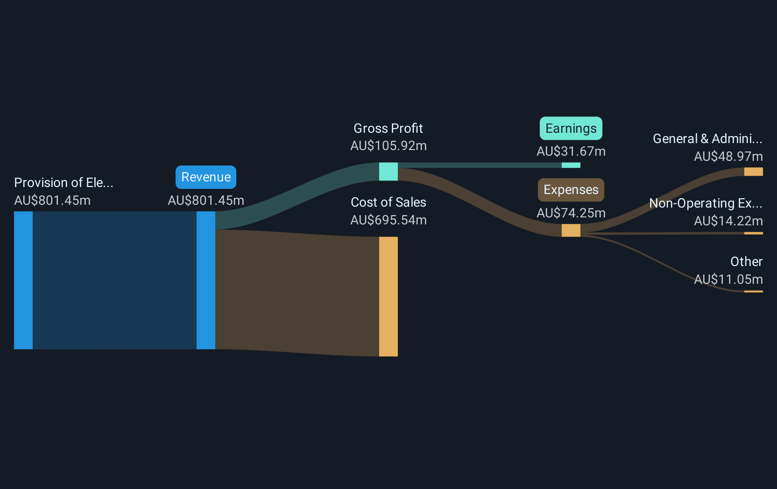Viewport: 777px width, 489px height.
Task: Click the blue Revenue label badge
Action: point(206,177)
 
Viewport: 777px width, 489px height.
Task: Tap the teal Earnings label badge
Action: point(571,129)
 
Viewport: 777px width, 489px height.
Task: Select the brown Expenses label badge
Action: point(571,190)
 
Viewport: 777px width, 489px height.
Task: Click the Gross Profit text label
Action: point(388,129)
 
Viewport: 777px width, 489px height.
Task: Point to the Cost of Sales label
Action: point(388,202)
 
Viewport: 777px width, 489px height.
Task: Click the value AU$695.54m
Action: point(388,220)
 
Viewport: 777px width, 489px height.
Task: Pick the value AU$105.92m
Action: point(388,146)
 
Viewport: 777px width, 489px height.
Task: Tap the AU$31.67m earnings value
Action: point(571,151)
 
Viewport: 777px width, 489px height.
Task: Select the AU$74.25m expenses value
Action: point(571,213)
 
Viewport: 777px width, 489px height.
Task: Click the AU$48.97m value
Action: point(728,157)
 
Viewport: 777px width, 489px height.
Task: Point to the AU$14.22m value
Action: point(728,221)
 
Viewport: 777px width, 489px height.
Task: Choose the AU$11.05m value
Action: point(728,279)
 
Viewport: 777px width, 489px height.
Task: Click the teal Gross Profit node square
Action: point(388,172)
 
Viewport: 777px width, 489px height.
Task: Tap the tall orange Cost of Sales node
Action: point(388,296)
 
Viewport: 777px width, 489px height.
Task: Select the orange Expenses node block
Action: point(571,230)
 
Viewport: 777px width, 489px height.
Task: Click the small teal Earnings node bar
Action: point(571,165)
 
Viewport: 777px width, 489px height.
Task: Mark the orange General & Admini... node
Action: point(753,172)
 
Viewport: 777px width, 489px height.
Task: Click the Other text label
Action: point(746,261)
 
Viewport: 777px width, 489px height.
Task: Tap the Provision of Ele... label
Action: point(64,183)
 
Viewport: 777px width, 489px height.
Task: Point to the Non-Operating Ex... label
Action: point(706,203)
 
